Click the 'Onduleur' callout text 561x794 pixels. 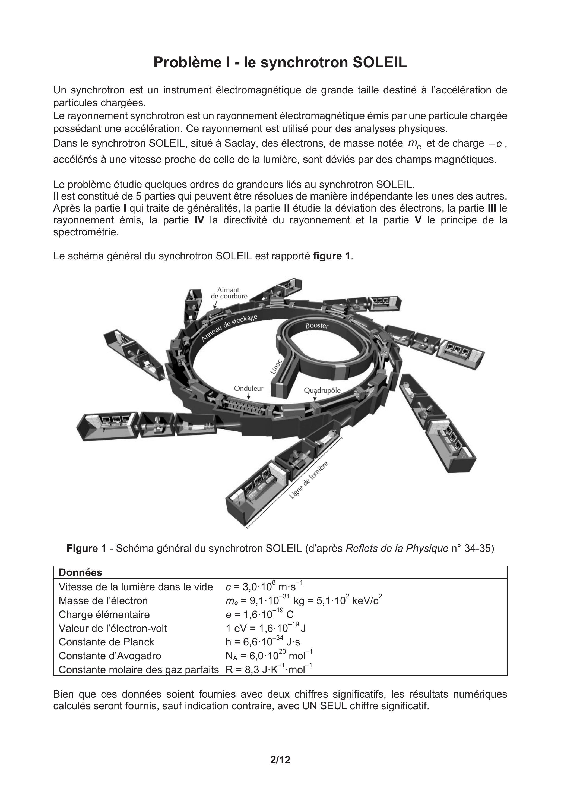pos(249,388)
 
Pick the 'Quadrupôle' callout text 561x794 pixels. pos(322,390)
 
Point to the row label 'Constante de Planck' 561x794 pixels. pos(106,642)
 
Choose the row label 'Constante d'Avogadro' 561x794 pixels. pos(110,656)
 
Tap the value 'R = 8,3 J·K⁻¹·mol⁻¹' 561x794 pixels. pos(269,670)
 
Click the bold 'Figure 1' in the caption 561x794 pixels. pos(86,548)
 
